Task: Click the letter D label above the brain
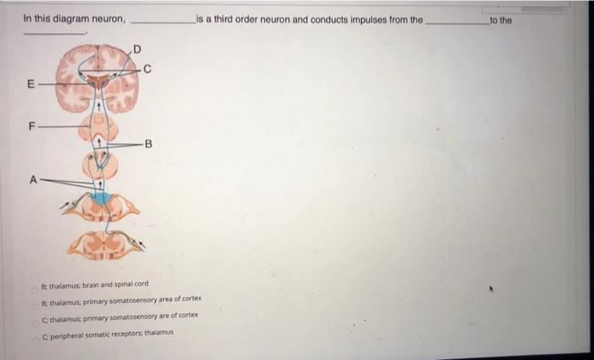point(137,49)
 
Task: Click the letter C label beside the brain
point(148,70)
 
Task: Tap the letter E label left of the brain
point(31,85)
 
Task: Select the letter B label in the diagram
point(149,143)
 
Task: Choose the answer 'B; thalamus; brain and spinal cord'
point(94,284)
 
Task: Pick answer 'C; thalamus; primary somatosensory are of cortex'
point(119,315)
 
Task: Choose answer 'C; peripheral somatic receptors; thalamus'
point(109,332)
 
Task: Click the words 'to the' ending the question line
point(501,19)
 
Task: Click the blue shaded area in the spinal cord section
point(103,199)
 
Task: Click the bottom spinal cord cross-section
point(107,245)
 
